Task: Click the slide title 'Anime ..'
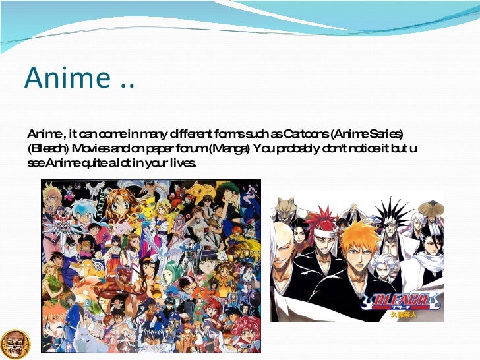pos(79,77)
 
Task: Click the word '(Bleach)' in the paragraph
pos(47,148)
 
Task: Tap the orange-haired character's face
pos(359,245)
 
